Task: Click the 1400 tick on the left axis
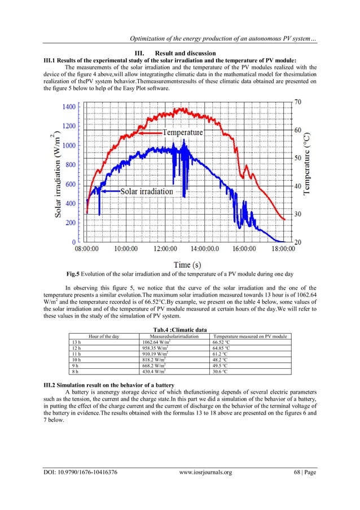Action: click(x=71, y=106)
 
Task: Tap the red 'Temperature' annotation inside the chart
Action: click(x=182, y=132)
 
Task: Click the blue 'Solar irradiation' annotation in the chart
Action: click(x=146, y=191)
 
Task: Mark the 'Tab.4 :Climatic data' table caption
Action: click(x=179, y=330)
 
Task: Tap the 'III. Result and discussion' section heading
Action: click(x=179, y=53)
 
